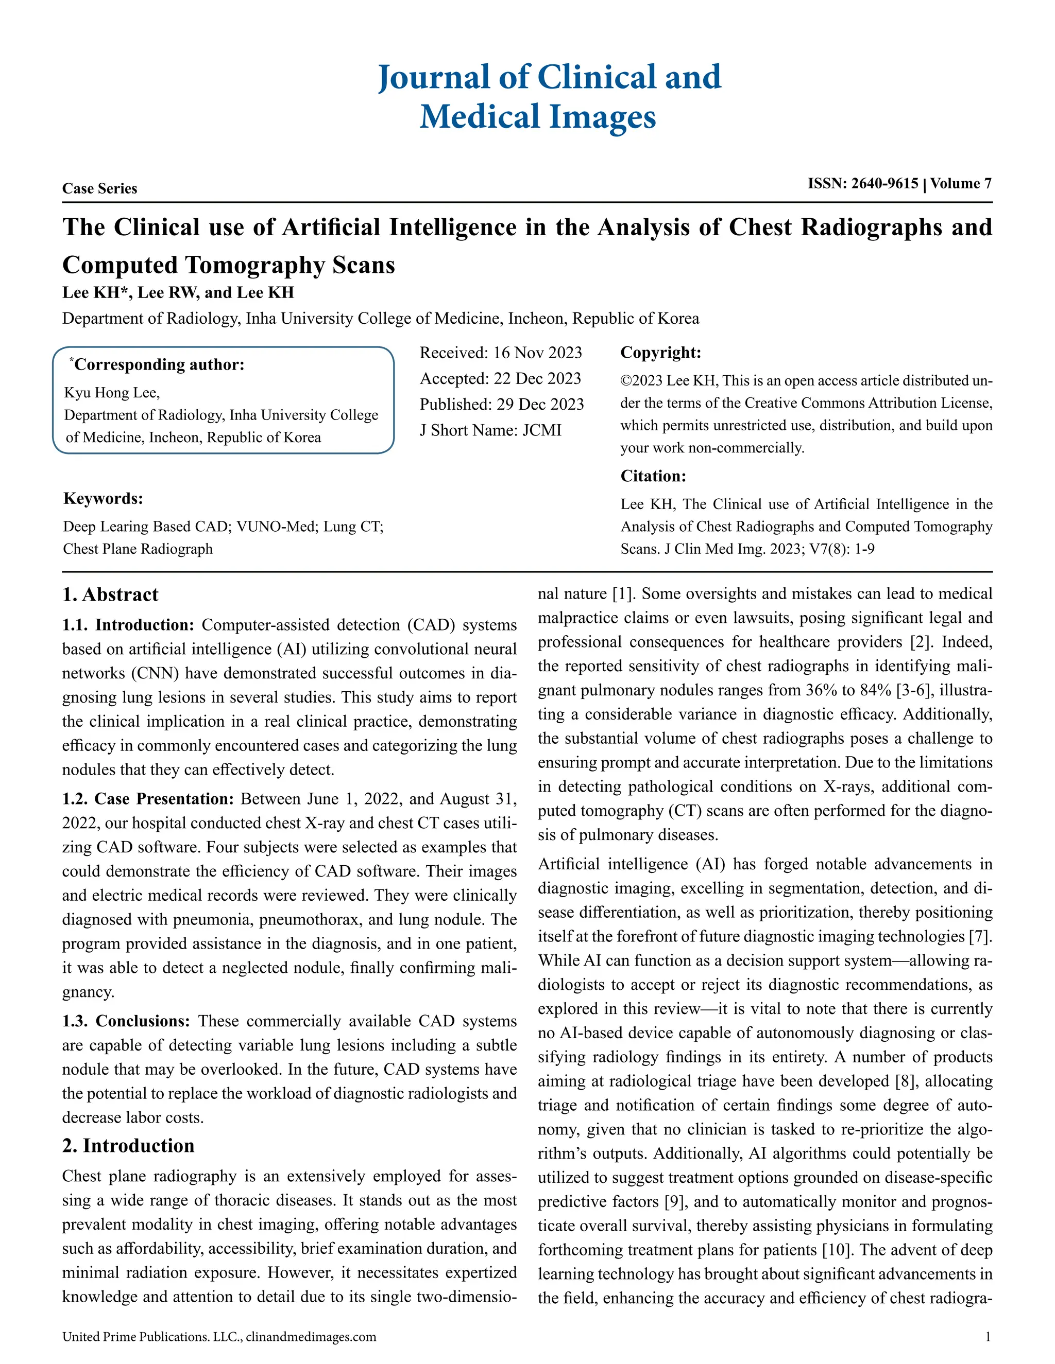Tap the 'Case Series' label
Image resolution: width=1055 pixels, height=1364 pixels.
point(99,188)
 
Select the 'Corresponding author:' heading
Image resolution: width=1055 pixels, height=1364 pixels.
point(158,365)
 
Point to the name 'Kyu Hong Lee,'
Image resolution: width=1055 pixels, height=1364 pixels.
point(112,393)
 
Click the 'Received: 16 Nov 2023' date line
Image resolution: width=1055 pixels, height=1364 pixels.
point(500,353)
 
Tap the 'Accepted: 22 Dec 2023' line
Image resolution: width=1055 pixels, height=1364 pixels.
point(500,378)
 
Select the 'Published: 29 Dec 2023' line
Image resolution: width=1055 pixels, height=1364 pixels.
point(501,404)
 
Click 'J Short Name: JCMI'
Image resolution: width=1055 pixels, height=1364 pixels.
point(490,430)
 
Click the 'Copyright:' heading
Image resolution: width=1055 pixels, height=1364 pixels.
point(660,353)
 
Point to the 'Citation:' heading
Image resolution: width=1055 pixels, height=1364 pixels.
point(653,477)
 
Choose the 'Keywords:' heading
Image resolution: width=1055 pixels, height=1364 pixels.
point(103,498)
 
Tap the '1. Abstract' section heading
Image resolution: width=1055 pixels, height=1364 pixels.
point(110,594)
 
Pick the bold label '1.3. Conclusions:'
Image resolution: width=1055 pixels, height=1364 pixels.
point(126,1021)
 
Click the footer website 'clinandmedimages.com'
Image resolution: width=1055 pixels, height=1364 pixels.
point(311,1337)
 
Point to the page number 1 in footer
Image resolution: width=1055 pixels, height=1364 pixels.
point(988,1337)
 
